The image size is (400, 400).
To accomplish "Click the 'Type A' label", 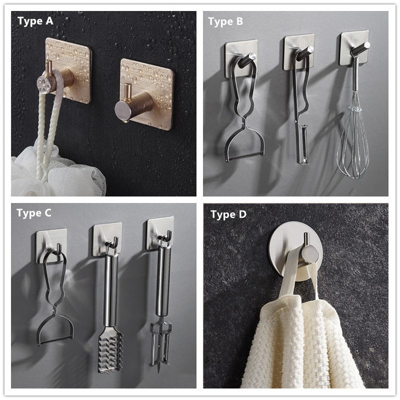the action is [x=35, y=21].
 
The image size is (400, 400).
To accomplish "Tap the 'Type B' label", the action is [x=225, y=21].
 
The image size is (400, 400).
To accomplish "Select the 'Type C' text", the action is [x=34, y=213].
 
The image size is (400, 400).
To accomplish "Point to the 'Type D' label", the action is [x=228, y=214].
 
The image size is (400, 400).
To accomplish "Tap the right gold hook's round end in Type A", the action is [x=122, y=111].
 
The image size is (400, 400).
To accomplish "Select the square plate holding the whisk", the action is [x=354, y=48].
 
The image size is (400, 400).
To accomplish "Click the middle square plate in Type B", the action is [x=299, y=52].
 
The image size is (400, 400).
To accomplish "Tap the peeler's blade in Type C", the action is [x=55, y=340].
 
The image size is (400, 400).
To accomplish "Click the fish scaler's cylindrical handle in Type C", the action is [x=110, y=291].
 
